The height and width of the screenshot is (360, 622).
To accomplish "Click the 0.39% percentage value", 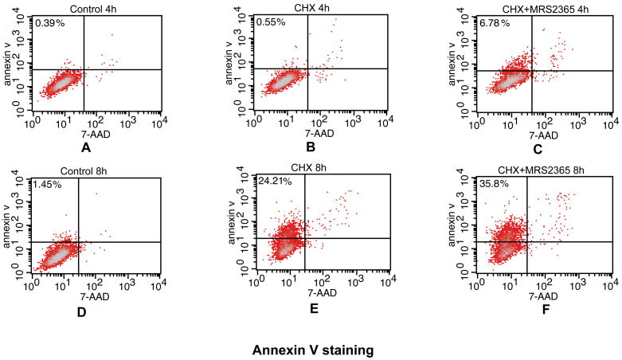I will tap(48, 23).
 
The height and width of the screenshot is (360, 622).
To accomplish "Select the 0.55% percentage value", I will tap(271, 23).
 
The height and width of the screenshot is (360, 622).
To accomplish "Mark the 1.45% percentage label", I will tap(48, 184).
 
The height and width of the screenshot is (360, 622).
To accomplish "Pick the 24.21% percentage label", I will tap(276, 182).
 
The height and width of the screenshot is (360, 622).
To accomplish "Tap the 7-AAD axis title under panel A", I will tap(95, 135).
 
